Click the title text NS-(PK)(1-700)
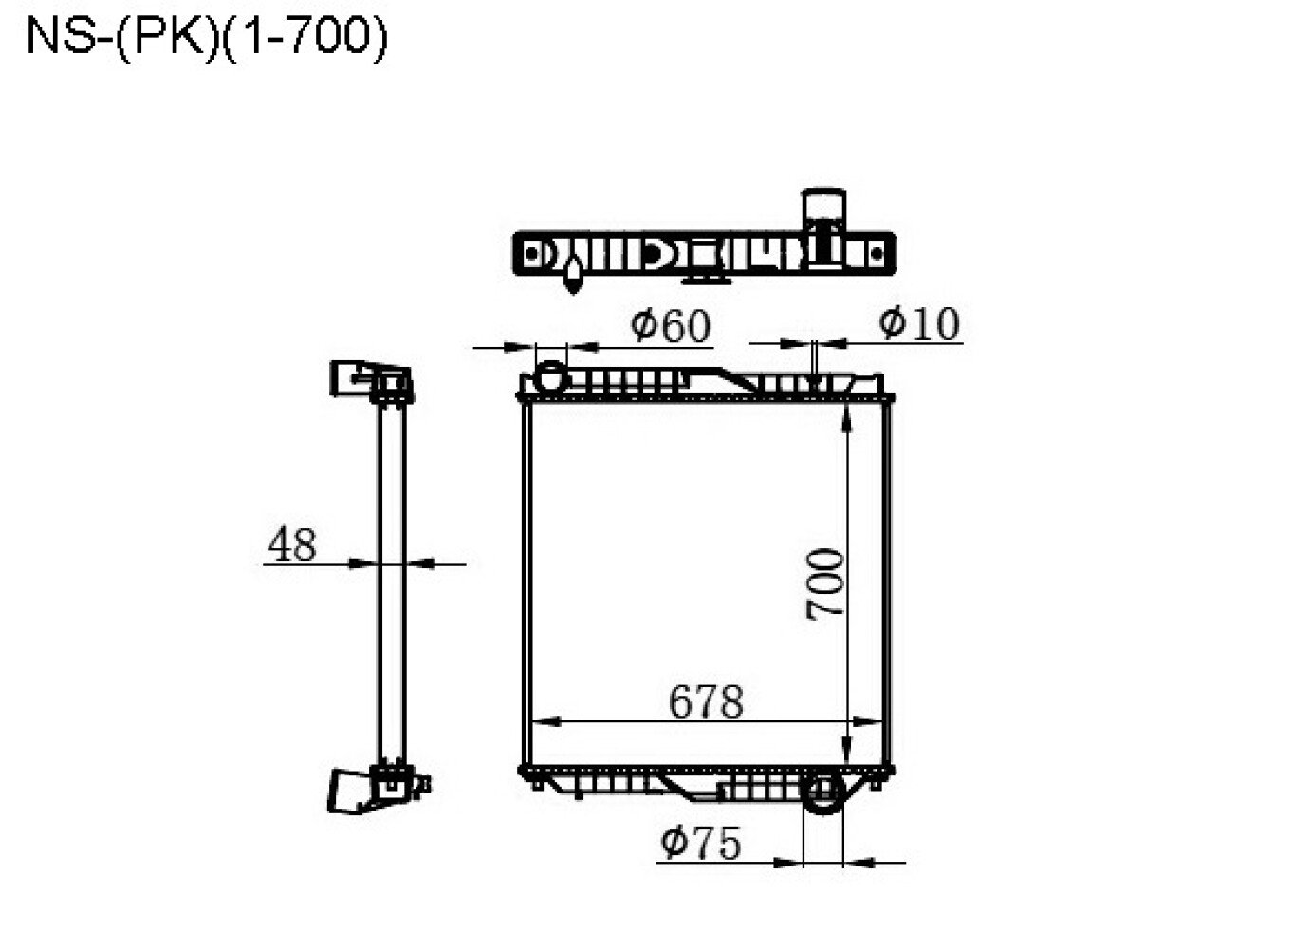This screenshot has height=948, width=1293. [207, 38]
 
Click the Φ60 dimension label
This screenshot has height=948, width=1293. [670, 325]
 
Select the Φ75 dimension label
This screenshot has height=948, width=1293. [700, 843]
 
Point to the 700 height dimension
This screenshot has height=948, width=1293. [825, 585]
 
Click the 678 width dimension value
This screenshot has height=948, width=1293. [706, 702]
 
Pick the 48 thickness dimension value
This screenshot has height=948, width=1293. [291, 544]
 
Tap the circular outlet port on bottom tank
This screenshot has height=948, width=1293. [823, 793]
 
